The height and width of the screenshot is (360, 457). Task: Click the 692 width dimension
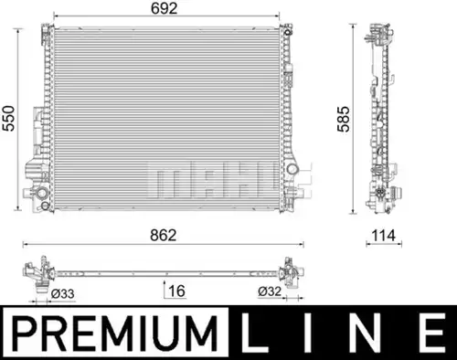[164, 8]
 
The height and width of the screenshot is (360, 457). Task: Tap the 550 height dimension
[8, 119]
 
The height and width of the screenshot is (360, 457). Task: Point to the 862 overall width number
[164, 236]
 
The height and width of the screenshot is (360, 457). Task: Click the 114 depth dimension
[384, 236]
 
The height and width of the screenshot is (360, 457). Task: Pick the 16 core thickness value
[176, 291]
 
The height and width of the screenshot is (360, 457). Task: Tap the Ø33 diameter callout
[62, 294]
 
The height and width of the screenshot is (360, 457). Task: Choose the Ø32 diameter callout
[270, 291]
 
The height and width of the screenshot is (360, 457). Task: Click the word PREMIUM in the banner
[115, 334]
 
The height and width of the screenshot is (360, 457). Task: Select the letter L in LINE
[254, 334]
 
